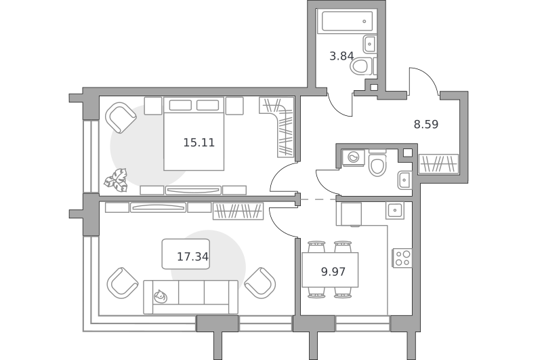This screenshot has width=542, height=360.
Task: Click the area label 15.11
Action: (199, 142)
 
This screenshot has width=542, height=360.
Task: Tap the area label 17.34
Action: (192, 256)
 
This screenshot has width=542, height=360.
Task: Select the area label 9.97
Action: (333, 272)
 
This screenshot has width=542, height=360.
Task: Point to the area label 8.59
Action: (426, 124)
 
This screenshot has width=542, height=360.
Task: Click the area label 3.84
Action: (341, 56)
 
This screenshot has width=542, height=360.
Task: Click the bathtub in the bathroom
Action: (347, 22)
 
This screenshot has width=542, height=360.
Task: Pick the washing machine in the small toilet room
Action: (353, 158)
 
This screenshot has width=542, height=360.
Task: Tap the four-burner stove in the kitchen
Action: (402, 258)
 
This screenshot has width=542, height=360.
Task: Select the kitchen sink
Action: (395, 209)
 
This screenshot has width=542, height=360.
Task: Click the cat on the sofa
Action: (161, 297)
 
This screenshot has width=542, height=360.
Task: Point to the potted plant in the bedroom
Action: (117, 180)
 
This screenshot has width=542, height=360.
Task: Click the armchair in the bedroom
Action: (121, 117)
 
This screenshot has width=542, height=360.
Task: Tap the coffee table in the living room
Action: (186, 254)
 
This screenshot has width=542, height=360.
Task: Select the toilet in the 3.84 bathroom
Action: (361, 66)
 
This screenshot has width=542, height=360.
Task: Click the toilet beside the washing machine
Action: (377, 165)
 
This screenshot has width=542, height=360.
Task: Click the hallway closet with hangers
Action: (438, 163)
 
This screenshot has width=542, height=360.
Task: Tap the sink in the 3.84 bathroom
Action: (369, 44)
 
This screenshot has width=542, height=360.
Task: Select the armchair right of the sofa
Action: (260, 283)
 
